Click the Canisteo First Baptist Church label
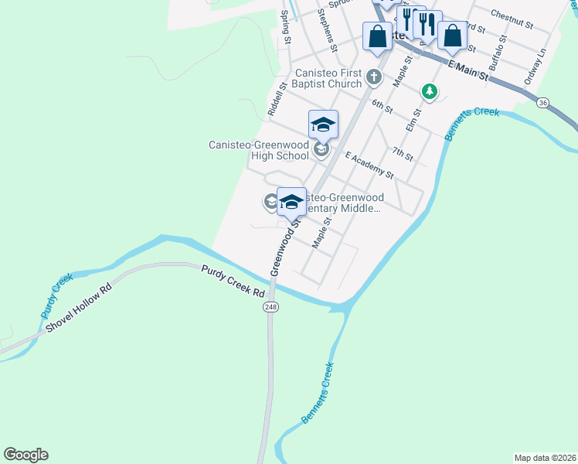[x=328, y=78]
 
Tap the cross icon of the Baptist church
[x=374, y=77]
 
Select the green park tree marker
[x=429, y=92]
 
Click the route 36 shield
[x=543, y=102]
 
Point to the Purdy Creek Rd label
[x=233, y=282]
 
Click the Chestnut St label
[x=512, y=20]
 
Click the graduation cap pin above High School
[x=324, y=124]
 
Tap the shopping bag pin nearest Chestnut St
[x=452, y=35]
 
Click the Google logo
[x=25, y=455]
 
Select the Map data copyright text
[x=545, y=457]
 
